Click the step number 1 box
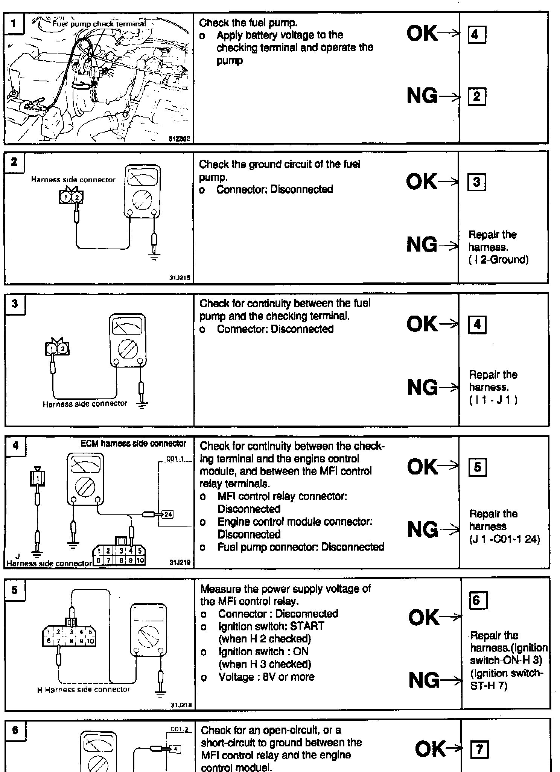coord(14,23)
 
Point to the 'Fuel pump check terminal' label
coord(99,24)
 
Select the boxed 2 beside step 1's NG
coord(476,97)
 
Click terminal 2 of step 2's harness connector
coord(77,197)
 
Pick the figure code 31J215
coord(180,278)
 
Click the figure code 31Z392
coord(180,139)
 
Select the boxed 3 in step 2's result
coord(476,182)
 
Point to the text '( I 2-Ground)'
coord(498,259)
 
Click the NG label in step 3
coord(422,387)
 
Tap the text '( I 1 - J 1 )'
coord(493,400)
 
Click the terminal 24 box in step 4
coord(167,514)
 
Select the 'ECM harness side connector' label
coord(133,444)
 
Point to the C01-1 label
coord(175,460)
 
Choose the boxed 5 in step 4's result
coord(477,467)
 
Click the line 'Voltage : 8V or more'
coord(266,677)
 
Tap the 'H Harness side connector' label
coord(84,690)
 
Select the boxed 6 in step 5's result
coord(478,600)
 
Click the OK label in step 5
coord(424,618)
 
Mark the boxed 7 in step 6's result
coord(479,749)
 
